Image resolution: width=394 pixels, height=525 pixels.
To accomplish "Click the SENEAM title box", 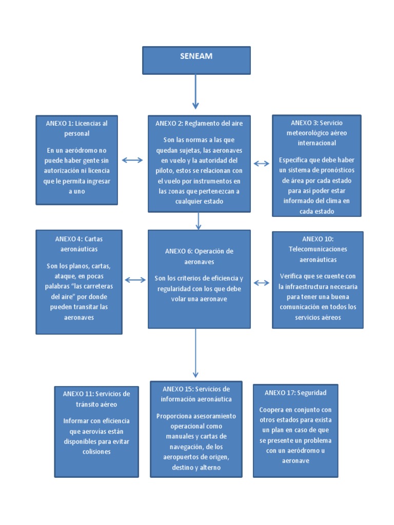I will (x=196, y=60).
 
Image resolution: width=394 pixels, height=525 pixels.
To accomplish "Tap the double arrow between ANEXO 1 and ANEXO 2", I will (x=132, y=160).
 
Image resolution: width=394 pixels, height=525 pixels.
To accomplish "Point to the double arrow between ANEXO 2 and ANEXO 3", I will (x=261, y=164).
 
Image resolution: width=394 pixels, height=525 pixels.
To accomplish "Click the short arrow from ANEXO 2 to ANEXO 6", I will (x=199, y=220).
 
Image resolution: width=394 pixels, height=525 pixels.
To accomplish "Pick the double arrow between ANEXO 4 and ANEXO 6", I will (x=135, y=280).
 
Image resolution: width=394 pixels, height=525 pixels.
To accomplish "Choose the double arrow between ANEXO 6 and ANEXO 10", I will (x=261, y=282).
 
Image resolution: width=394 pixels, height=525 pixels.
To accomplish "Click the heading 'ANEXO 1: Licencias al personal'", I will (x=77, y=128).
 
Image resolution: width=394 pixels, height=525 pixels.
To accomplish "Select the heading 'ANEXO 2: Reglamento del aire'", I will (x=199, y=124).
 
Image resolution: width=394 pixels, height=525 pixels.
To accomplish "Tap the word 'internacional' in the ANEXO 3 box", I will (x=317, y=143).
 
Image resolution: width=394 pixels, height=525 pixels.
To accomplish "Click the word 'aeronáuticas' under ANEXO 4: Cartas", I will (x=79, y=249).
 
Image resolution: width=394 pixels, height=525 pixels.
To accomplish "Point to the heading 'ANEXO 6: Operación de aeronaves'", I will (x=199, y=256).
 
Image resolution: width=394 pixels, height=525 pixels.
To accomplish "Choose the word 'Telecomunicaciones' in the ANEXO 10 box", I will (x=318, y=249).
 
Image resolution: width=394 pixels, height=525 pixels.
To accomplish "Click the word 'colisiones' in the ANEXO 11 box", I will (x=96, y=452).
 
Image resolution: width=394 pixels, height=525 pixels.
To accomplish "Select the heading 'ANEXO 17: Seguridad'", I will (x=295, y=393).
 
